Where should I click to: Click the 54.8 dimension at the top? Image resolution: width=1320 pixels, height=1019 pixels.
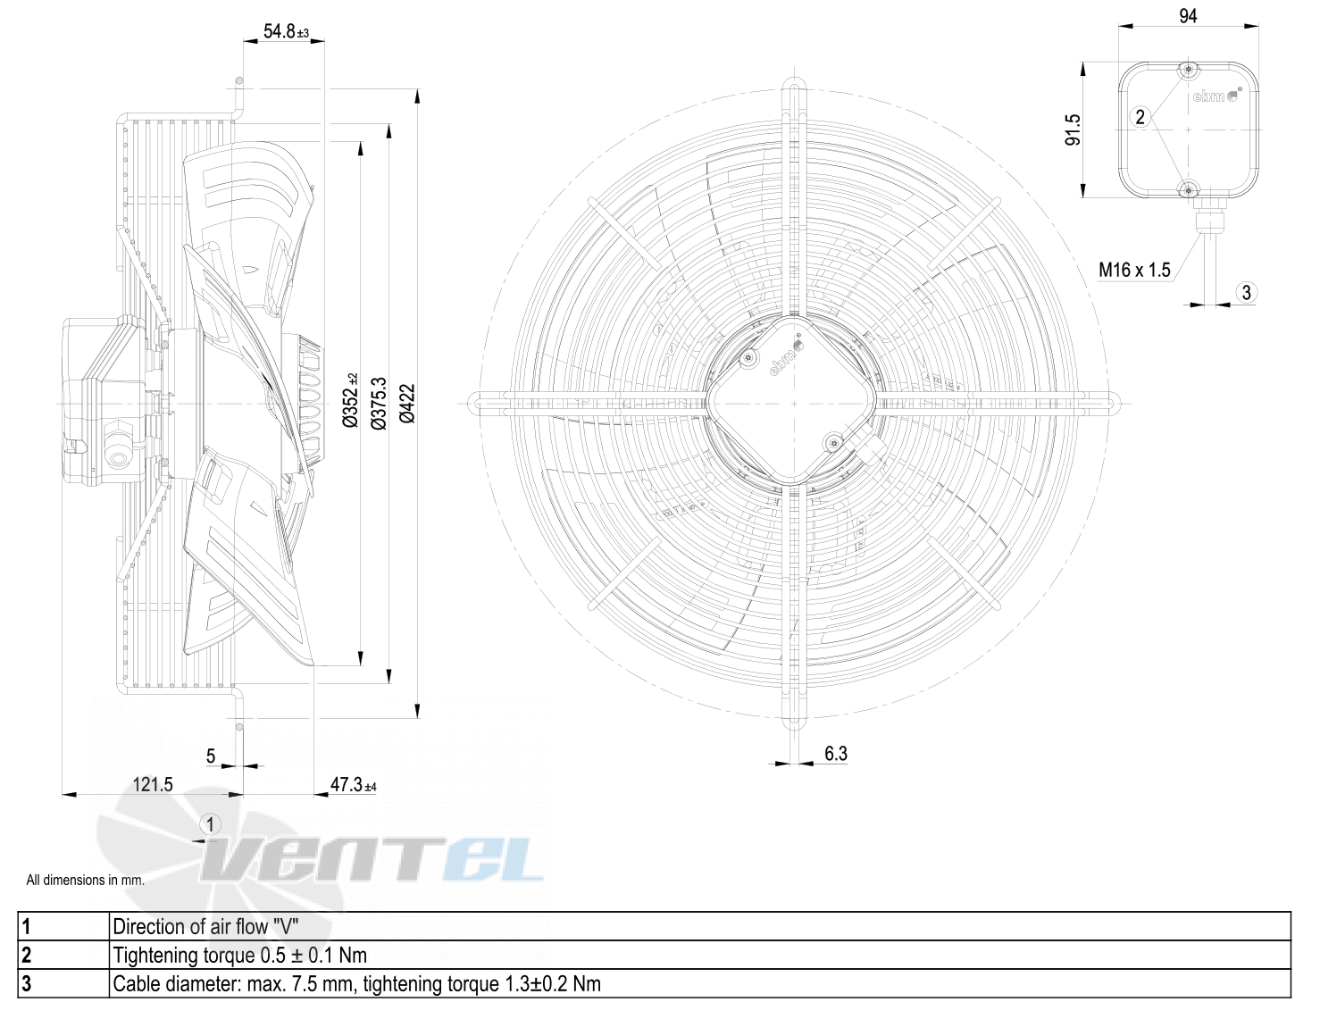[x=286, y=31]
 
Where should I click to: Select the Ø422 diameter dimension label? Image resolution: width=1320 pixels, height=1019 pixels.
[x=407, y=404]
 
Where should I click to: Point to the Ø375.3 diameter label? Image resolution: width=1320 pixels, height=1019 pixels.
[x=379, y=404]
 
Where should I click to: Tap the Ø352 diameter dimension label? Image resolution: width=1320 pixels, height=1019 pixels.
[x=350, y=401]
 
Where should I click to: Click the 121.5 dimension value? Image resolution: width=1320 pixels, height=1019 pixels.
[x=153, y=785]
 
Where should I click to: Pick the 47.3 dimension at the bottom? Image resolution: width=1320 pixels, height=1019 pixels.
[x=353, y=785]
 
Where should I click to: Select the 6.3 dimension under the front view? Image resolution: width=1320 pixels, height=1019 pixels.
[x=835, y=754]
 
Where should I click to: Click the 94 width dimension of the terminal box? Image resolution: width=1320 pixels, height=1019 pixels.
[x=1188, y=16]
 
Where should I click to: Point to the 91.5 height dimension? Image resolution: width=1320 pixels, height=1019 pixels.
[x=1074, y=129]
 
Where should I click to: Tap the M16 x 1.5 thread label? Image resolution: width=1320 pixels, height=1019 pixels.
[x=1134, y=270]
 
